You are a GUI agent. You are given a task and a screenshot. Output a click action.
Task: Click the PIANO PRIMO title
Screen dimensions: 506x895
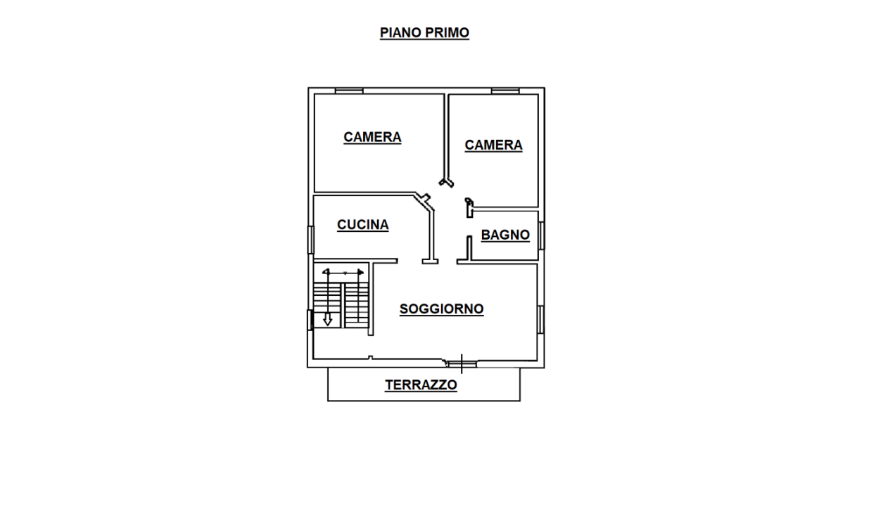tap(424, 33)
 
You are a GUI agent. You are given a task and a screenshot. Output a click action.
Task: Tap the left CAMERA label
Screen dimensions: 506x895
tap(372, 137)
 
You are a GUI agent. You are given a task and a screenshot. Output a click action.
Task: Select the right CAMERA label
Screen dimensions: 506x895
tap(493, 145)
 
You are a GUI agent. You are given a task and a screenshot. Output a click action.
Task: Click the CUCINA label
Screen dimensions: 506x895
tap(362, 225)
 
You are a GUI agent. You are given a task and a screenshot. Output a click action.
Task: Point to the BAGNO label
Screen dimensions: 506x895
tap(505, 235)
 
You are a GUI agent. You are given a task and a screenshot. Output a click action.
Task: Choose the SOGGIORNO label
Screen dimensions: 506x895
tap(441, 309)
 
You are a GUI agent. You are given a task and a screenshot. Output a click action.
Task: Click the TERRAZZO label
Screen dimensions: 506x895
tap(421, 385)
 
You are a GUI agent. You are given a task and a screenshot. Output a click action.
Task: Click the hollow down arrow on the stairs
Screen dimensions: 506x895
tap(327, 319)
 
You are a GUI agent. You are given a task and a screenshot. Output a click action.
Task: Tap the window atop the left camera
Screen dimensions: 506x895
tap(349, 90)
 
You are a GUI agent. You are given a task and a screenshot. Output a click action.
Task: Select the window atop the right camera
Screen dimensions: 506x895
tap(505, 90)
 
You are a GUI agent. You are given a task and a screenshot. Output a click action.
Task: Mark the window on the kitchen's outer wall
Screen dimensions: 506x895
tap(310, 239)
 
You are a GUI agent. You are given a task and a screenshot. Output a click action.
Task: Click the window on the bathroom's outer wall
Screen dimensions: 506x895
tap(541, 235)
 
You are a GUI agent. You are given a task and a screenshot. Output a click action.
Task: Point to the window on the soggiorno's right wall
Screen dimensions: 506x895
tap(541, 318)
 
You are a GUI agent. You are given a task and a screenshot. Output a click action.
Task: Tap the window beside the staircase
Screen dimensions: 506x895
tap(310, 320)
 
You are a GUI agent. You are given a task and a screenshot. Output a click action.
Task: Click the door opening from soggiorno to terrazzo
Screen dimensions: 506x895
tap(461, 363)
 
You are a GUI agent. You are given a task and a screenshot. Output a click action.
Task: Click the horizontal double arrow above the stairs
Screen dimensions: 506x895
tap(344, 271)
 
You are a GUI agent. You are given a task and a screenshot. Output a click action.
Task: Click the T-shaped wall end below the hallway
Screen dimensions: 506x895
tap(430, 261)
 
